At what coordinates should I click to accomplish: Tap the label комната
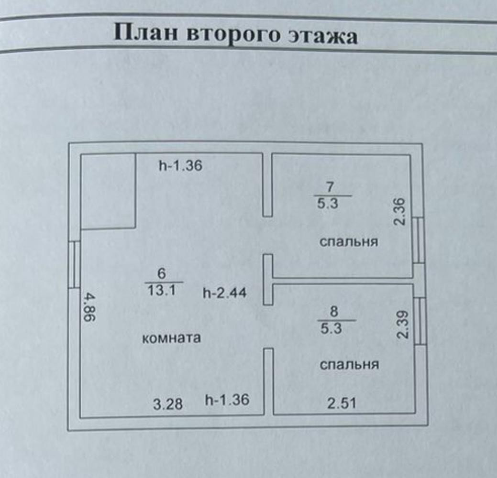171,338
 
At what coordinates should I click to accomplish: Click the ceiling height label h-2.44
224,292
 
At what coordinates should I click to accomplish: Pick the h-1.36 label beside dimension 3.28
227,400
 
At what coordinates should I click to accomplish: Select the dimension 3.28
168,404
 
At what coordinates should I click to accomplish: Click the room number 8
334,312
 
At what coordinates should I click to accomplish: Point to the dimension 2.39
402,325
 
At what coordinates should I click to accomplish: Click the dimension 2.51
342,403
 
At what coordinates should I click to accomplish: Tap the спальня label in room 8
349,365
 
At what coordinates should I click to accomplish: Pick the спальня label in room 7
349,241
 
